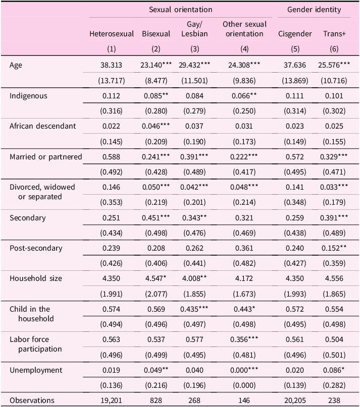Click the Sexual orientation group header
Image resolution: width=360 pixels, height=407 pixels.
click(x=180, y=10)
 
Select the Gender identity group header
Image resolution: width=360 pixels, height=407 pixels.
click(x=314, y=10)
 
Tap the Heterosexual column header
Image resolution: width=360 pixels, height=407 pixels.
click(x=112, y=34)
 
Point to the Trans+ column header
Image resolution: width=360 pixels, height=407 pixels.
click(x=334, y=34)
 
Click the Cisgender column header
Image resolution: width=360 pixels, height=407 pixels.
click(x=295, y=34)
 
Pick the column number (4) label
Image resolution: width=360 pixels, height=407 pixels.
click(x=244, y=49)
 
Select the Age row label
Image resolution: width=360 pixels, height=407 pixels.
click(x=16, y=65)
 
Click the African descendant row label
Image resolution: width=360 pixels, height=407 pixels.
click(x=42, y=126)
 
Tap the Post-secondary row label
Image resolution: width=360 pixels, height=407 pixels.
click(x=36, y=248)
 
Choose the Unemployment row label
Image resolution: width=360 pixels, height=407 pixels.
click(x=36, y=370)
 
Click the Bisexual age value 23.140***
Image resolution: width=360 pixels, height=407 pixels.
click(x=156, y=65)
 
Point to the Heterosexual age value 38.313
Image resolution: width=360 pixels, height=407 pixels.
click(x=111, y=65)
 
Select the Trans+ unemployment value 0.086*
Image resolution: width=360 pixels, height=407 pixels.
click(x=334, y=370)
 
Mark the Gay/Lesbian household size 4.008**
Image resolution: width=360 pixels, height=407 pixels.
click(x=194, y=278)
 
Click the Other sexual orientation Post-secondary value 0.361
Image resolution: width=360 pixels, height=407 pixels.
click(x=244, y=248)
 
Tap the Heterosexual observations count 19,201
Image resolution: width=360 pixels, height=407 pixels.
click(x=111, y=400)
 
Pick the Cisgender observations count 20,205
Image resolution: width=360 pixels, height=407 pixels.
click(x=295, y=400)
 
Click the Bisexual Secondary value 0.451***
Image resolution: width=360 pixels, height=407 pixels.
click(x=156, y=218)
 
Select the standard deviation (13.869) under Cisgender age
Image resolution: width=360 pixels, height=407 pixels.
click(x=295, y=81)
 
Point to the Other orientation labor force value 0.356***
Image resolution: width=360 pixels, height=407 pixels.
click(x=244, y=339)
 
